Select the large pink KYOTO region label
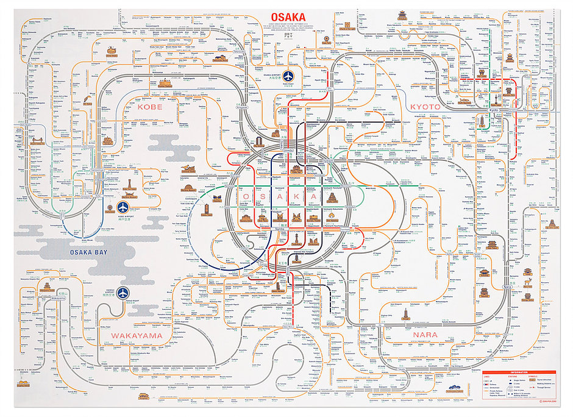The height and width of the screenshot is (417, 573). (425, 106)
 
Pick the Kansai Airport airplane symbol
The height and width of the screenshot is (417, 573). (124, 293)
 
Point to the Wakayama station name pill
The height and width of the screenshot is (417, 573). (57, 298)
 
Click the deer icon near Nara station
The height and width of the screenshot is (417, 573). (527, 282)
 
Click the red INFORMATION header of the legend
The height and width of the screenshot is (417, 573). (520, 372)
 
